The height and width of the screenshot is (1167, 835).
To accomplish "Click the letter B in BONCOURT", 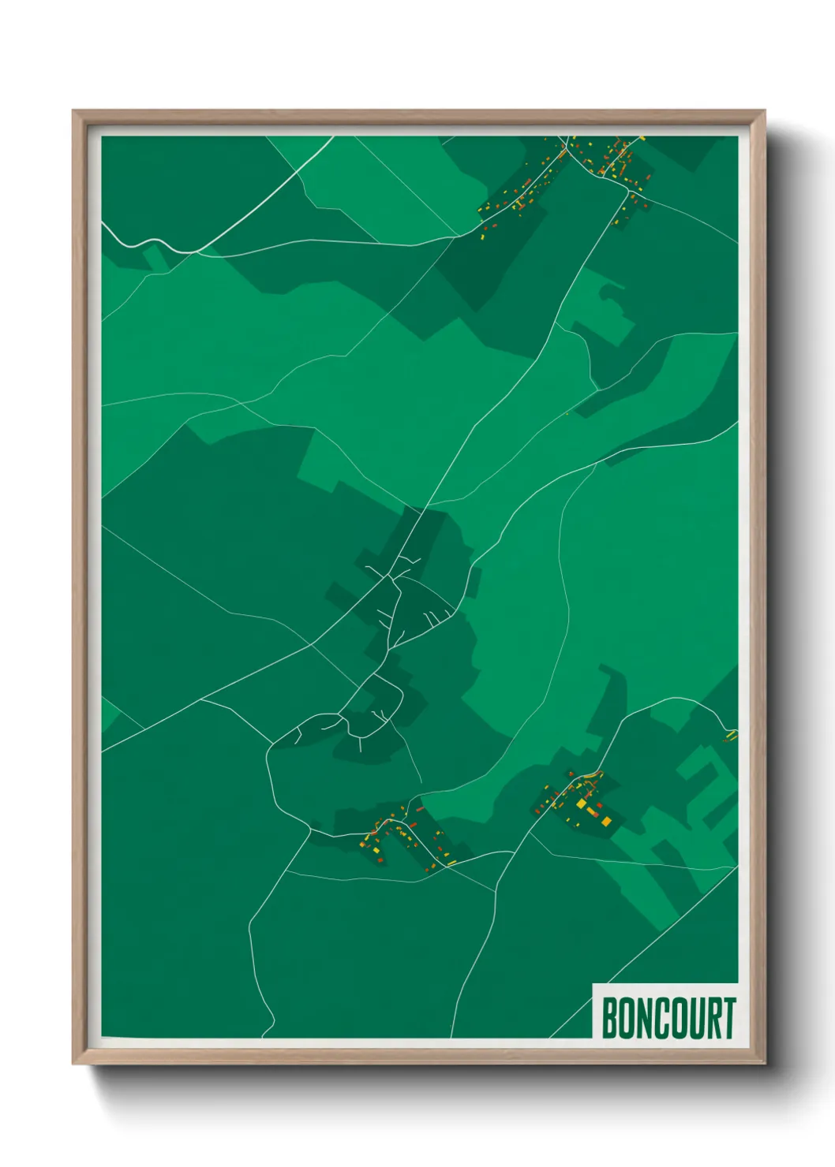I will coord(609,1019).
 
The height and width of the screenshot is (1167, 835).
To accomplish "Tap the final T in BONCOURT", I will coord(728,1019).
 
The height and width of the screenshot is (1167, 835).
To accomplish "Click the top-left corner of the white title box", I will coord(593,985).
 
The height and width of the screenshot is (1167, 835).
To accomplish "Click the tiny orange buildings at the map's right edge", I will coord(731,736).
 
